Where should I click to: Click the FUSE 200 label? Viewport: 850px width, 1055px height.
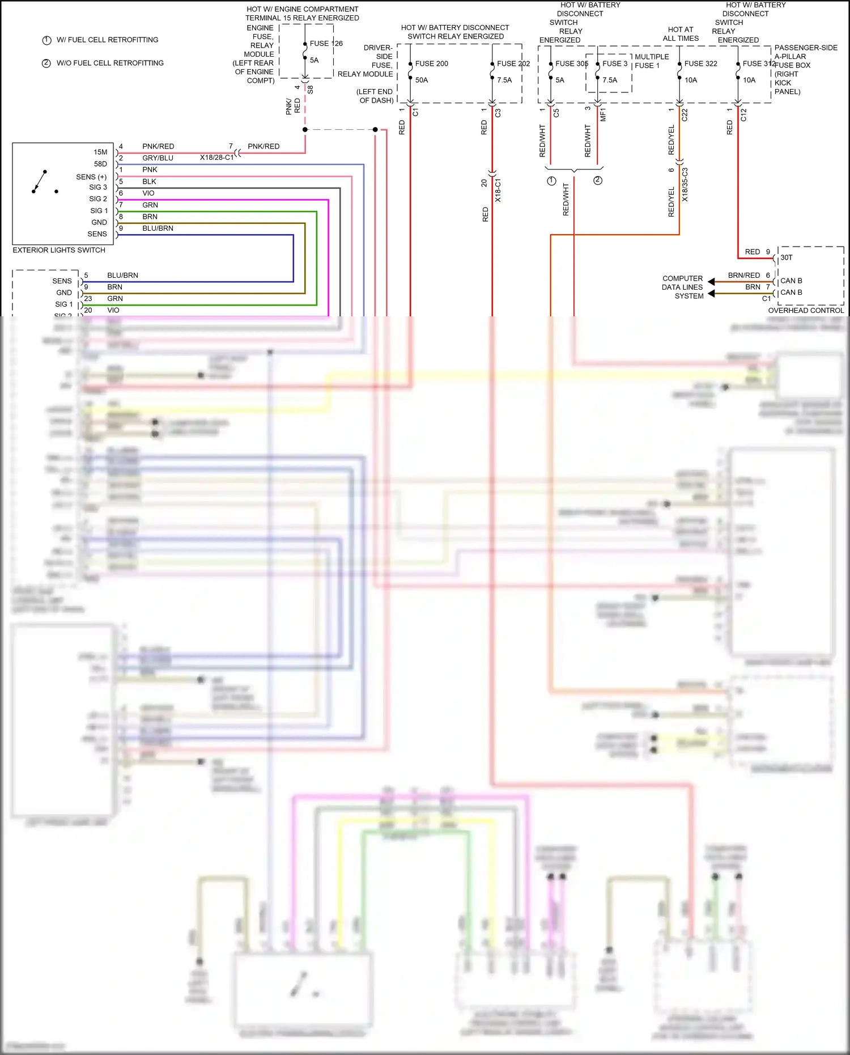pyautogui.click(x=431, y=63)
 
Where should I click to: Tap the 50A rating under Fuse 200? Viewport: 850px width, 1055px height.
pyautogui.click(x=421, y=80)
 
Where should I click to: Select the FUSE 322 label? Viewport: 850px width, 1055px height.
pyautogui.click(x=700, y=63)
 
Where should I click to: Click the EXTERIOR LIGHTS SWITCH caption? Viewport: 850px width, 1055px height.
pyautogui.click(x=59, y=250)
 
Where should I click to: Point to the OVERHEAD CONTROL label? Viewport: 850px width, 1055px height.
pyautogui.click(x=806, y=310)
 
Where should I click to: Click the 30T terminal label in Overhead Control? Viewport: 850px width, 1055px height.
pyautogui.click(x=787, y=257)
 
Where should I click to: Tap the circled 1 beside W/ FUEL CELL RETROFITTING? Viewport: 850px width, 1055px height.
pyautogui.click(x=47, y=40)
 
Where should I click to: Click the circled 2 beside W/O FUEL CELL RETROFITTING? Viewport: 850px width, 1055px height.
pyautogui.click(x=46, y=63)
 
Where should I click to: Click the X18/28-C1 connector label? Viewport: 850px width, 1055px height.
pyautogui.click(x=216, y=158)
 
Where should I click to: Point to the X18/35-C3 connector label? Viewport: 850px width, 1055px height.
pyautogui.click(x=685, y=184)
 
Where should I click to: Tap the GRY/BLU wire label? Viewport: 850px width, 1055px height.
pyautogui.click(x=158, y=158)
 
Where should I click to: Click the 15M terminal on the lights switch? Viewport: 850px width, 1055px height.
pyautogui.click(x=100, y=152)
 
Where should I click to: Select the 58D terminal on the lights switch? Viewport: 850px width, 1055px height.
pyautogui.click(x=100, y=164)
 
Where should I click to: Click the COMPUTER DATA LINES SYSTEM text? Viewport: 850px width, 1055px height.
pyautogui.click(x=682, y=287)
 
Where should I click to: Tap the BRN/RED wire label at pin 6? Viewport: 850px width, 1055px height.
pyautogui.click(x=744, y=275)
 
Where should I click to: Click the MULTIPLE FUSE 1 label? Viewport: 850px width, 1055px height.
pyautogui.click(x=651, y=61)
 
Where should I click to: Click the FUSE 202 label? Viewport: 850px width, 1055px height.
pyautogui.click(x=513, y=63)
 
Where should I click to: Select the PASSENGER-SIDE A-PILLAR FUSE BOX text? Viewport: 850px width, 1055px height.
pyautogui.click(x=805, y=69)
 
